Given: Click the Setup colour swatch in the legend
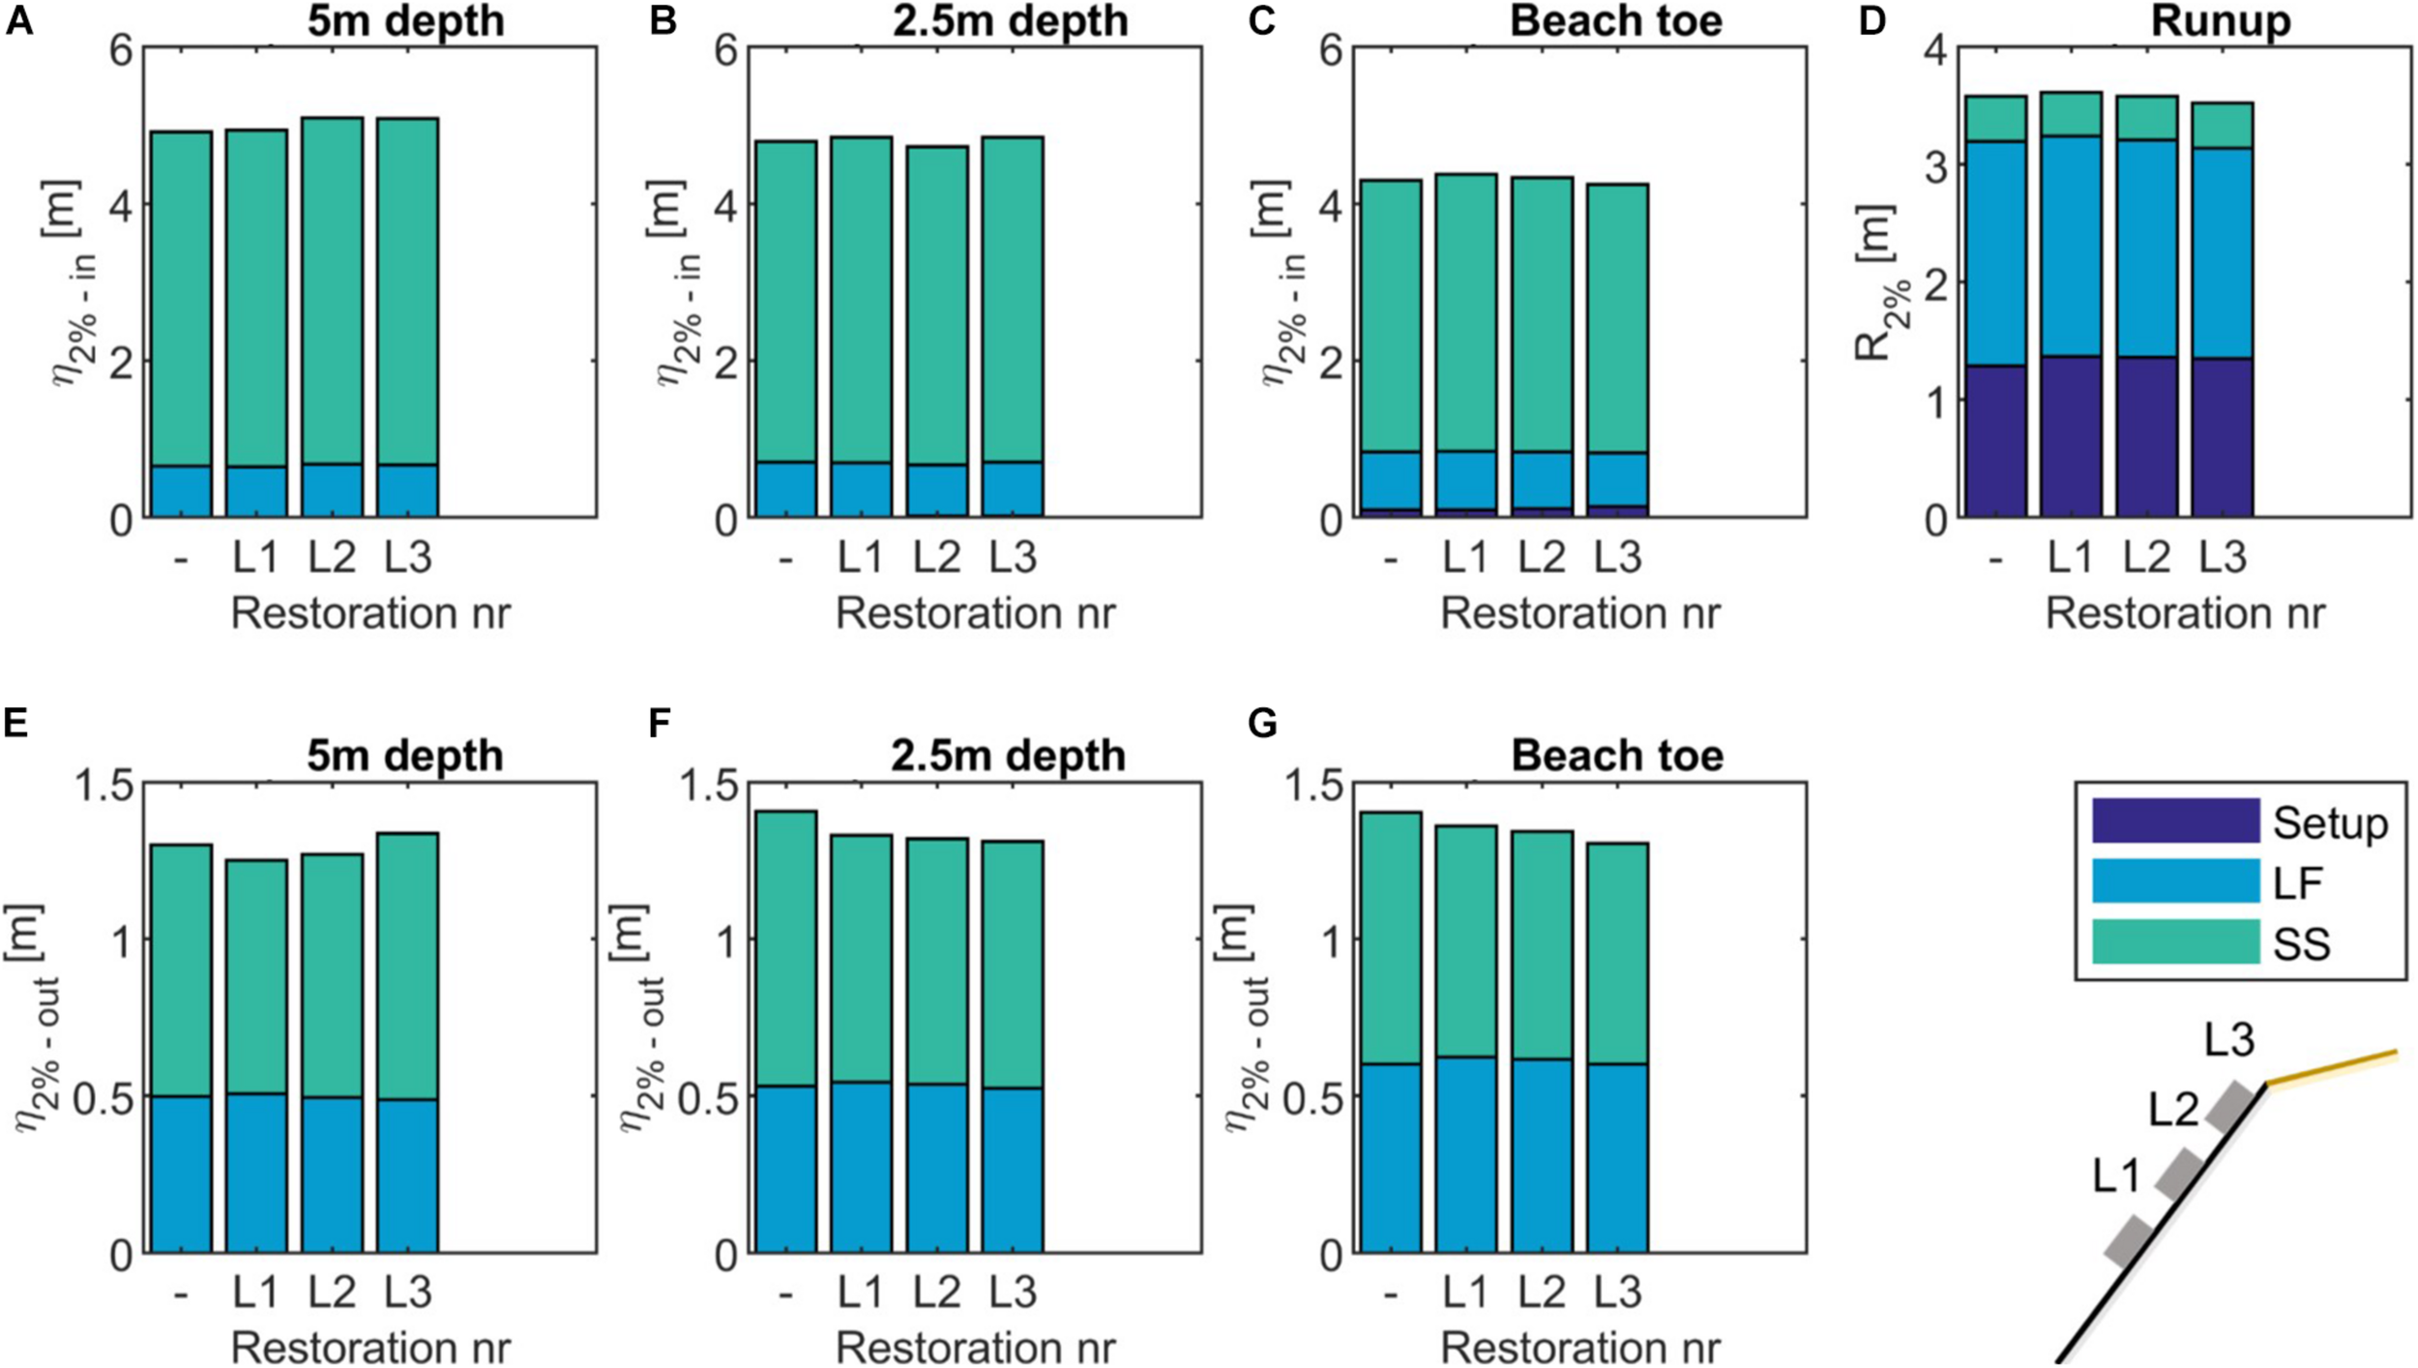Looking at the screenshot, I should (2174, 821).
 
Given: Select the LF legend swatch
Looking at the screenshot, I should (2174, 881).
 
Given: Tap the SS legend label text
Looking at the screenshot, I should (2301, 944).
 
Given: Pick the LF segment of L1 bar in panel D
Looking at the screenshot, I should (2072, 247).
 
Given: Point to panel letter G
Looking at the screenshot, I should (1262, 724).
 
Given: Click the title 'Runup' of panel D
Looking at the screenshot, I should (2220, 21).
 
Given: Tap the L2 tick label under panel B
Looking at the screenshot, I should (936, 558).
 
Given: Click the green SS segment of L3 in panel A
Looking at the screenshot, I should (407, 290).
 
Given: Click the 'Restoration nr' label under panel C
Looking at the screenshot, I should (1580, 614).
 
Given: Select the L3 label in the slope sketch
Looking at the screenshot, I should (2229, 1041).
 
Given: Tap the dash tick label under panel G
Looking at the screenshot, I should (1391, 1294).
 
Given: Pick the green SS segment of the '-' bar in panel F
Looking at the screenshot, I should (785, 948).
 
